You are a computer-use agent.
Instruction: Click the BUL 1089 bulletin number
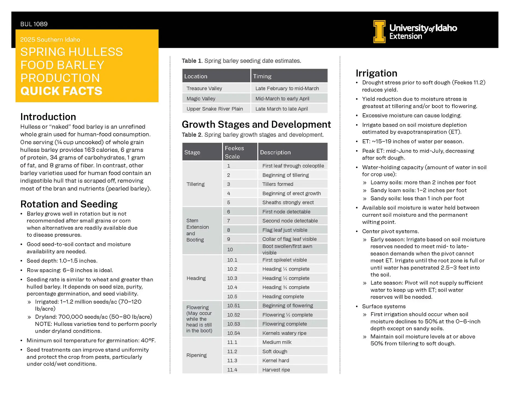click(34, 24)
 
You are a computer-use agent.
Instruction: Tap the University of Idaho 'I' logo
click(379, 31)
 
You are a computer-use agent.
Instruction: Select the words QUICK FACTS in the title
click(61, 91)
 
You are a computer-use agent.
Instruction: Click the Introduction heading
click(48, 117)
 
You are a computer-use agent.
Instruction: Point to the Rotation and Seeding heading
click(69, 204)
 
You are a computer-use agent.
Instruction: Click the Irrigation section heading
click(376, 73)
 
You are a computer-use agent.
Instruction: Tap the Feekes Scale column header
click(234, 152)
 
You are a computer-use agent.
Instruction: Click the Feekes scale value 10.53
click(233, 324)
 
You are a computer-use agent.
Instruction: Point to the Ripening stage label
click(196, 355)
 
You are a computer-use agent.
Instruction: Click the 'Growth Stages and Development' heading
click(256, 124)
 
